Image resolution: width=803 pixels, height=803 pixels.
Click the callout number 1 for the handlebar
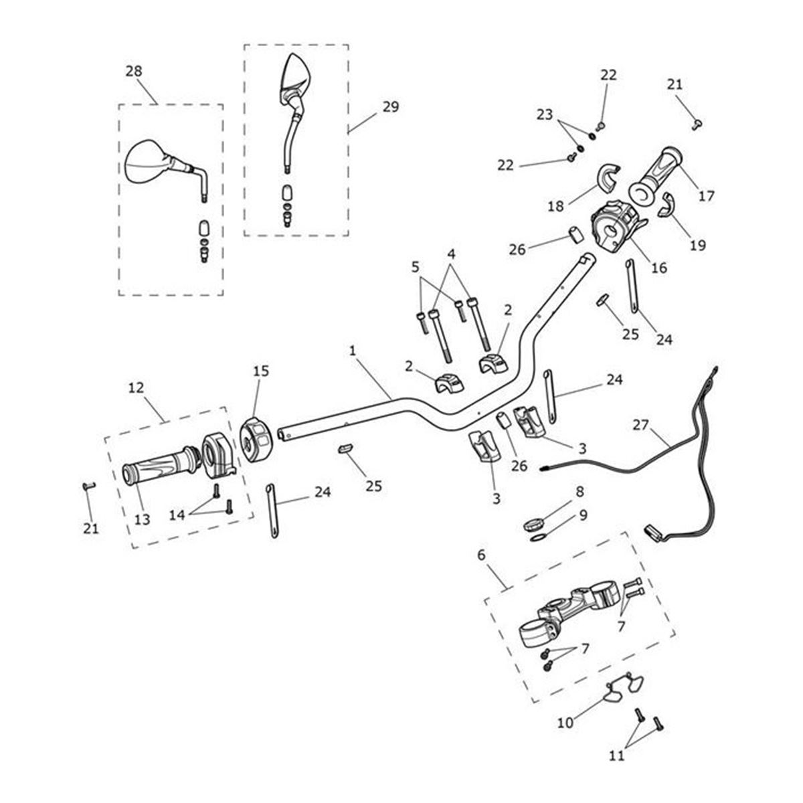[353, 351]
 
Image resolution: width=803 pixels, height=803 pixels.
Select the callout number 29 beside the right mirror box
[390, 106]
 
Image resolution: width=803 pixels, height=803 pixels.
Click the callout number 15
[261, 371]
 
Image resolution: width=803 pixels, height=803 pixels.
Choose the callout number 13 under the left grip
[143, 519]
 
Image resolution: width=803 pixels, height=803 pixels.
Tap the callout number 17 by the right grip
[706, 195]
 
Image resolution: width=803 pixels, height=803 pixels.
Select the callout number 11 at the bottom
[617, 755]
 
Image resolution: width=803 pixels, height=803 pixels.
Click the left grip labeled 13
[154, 465]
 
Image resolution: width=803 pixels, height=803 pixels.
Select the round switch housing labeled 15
[255, 440]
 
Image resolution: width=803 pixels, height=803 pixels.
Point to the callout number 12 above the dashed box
[136, 387]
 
